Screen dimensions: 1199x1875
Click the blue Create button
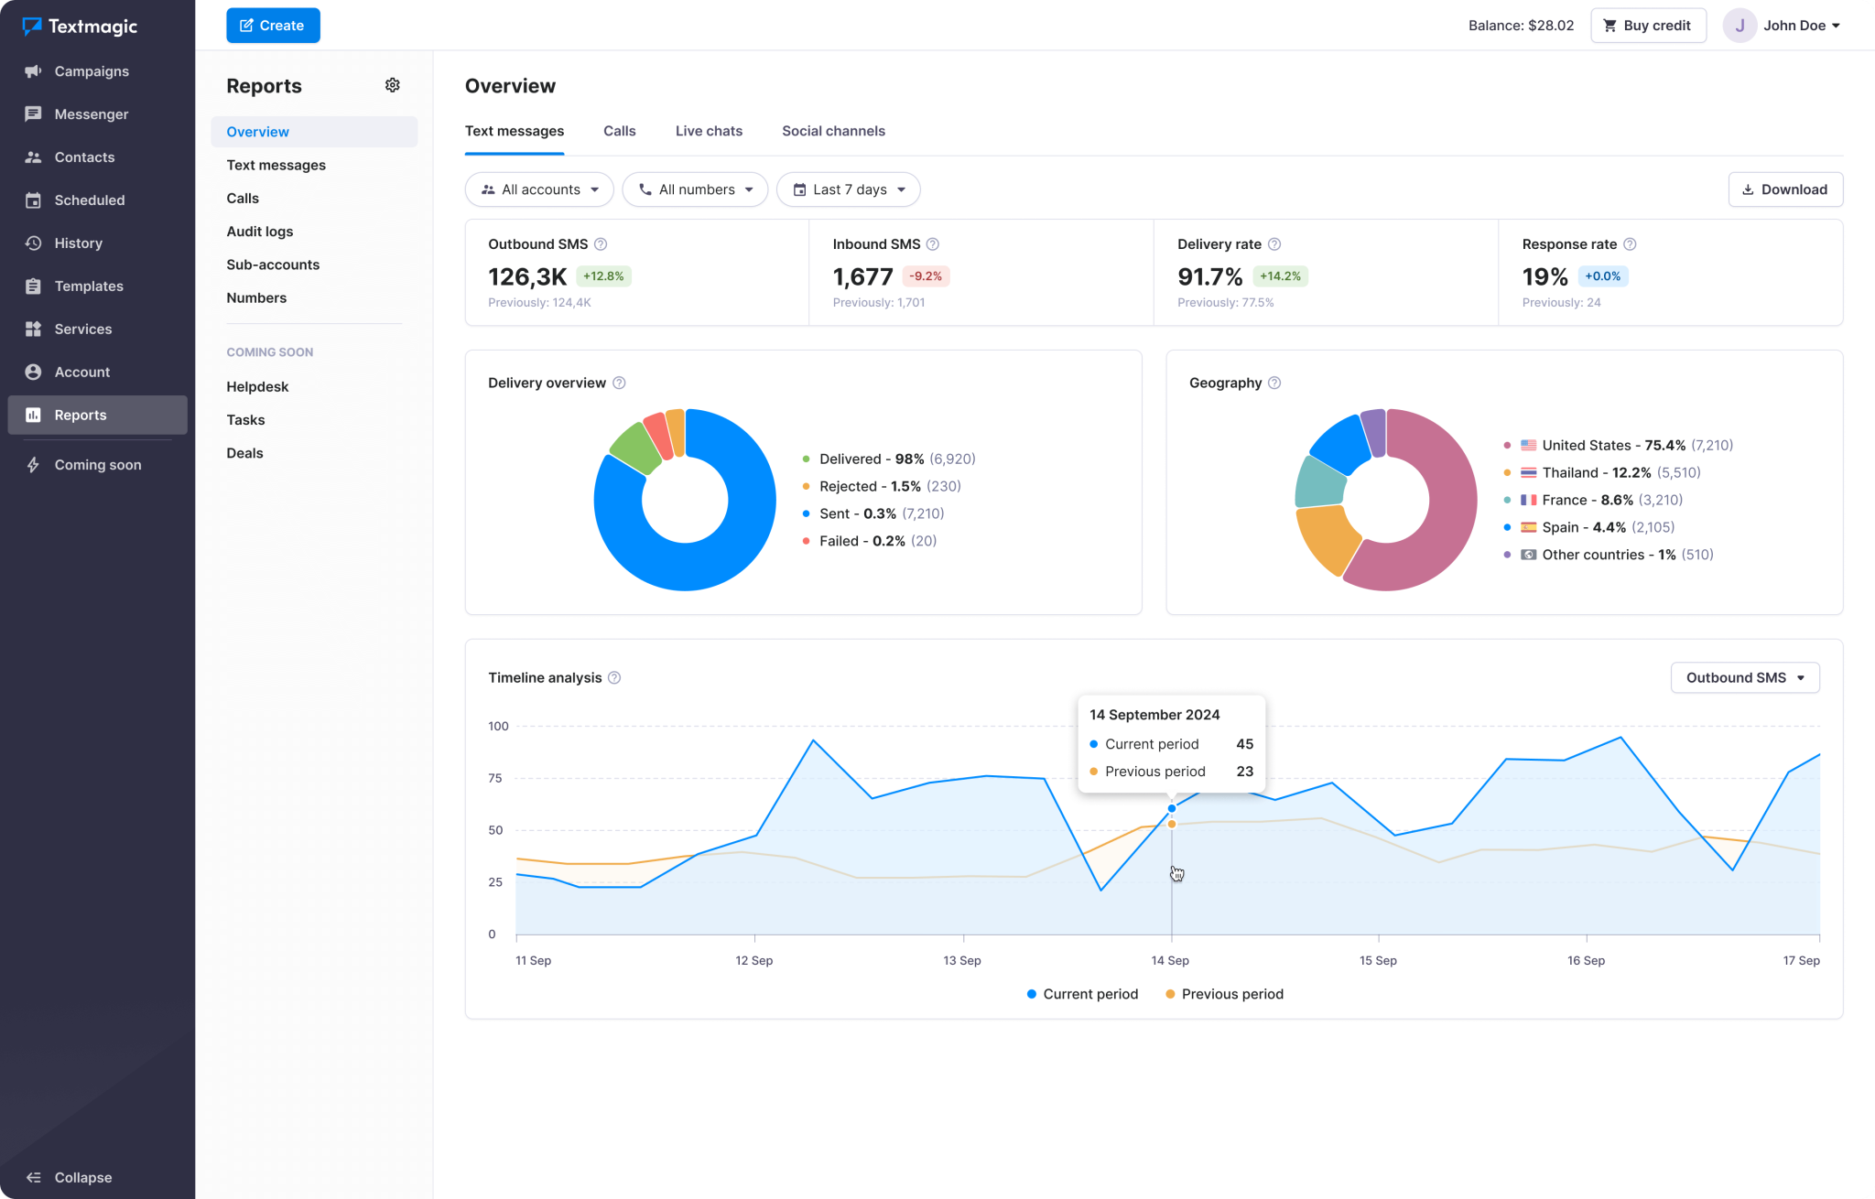click(x=273, y=26)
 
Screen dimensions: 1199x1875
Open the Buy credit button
click(x=1647, y=26)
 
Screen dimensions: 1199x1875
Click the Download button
click(x=1784, y=189)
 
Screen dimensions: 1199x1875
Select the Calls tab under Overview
click(x=619, y=131)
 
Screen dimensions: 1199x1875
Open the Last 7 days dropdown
click(x=848, y=189)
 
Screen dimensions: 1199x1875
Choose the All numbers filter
click(x=695, y=189)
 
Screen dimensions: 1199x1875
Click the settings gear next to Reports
click(x=393, y=85)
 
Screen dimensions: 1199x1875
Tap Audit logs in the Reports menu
click(x=260, y=232)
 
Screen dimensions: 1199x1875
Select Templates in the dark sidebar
click(x=88, y=286)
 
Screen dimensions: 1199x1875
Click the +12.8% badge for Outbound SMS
click(x=603, y=276)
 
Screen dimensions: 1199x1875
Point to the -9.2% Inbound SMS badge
click(x=925, y=276)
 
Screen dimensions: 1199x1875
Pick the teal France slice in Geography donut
click(x=1319, y=482)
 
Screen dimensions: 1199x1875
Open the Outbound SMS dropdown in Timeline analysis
click(x=1744, y=677)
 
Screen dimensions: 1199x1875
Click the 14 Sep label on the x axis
click(x=1170, y=960)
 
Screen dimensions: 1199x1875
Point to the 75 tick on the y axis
click(x=495, y=778)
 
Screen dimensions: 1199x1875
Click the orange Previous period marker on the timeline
click(x=1172, y=825)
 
